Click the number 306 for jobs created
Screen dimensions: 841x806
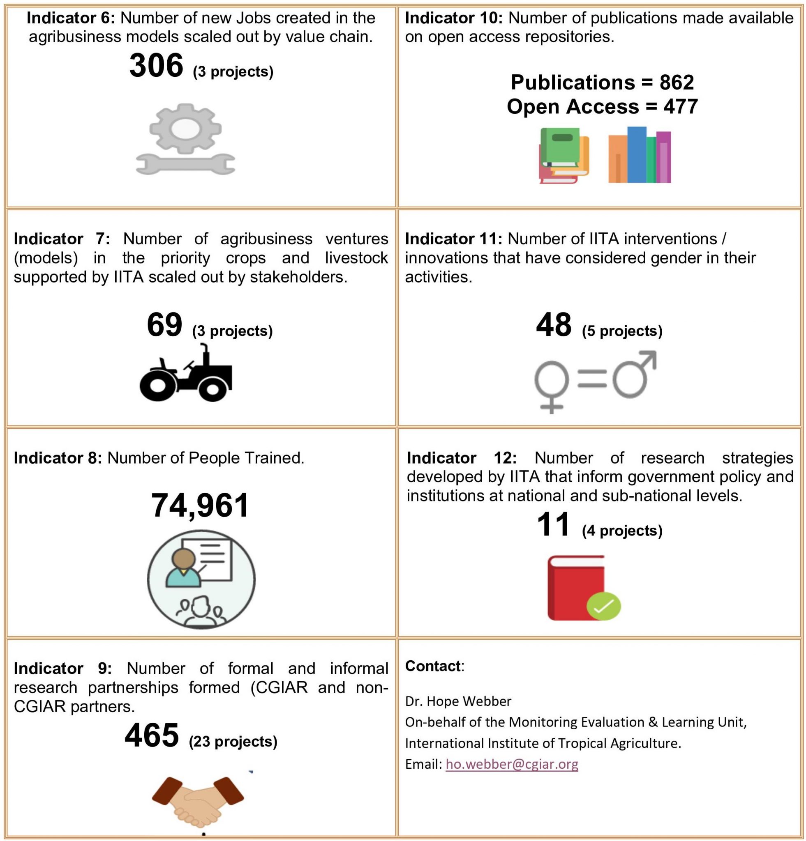[156, 66]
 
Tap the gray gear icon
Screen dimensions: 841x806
[185, 128]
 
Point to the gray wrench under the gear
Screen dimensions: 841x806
[185, 164]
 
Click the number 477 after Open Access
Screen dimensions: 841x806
[680, 106]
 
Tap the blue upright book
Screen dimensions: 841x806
[636, 154]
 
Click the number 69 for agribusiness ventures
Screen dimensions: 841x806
[164, 325]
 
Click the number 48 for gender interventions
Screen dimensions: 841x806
[554, 325]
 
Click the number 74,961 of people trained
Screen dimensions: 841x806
[200, 506]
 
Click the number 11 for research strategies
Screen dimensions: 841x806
[553, 525]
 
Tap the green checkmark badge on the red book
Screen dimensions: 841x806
[603, 606]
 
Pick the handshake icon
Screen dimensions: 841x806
[198, 802]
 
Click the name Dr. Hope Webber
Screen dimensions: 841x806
[458, 701]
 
